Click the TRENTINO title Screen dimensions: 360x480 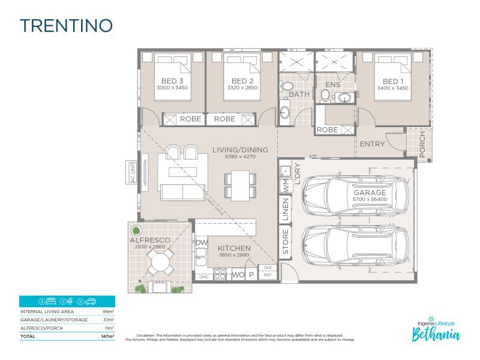(x=66, y=26)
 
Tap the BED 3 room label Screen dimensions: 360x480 (x=172, y=81)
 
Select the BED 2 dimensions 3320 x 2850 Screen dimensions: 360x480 (x=240, y=88)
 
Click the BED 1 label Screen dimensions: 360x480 (x=394, y=81)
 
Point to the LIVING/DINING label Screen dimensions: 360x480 (x=240, y=150)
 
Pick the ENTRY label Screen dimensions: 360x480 (x=372, y=144)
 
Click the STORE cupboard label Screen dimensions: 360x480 (x=286, y=241)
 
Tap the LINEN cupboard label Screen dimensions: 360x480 (x=286, y=209)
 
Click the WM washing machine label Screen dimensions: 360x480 (x=286, y=186)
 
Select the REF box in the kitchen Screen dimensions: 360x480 (x=268, y=275)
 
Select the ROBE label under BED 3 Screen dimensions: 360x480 (x=190, y=119)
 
